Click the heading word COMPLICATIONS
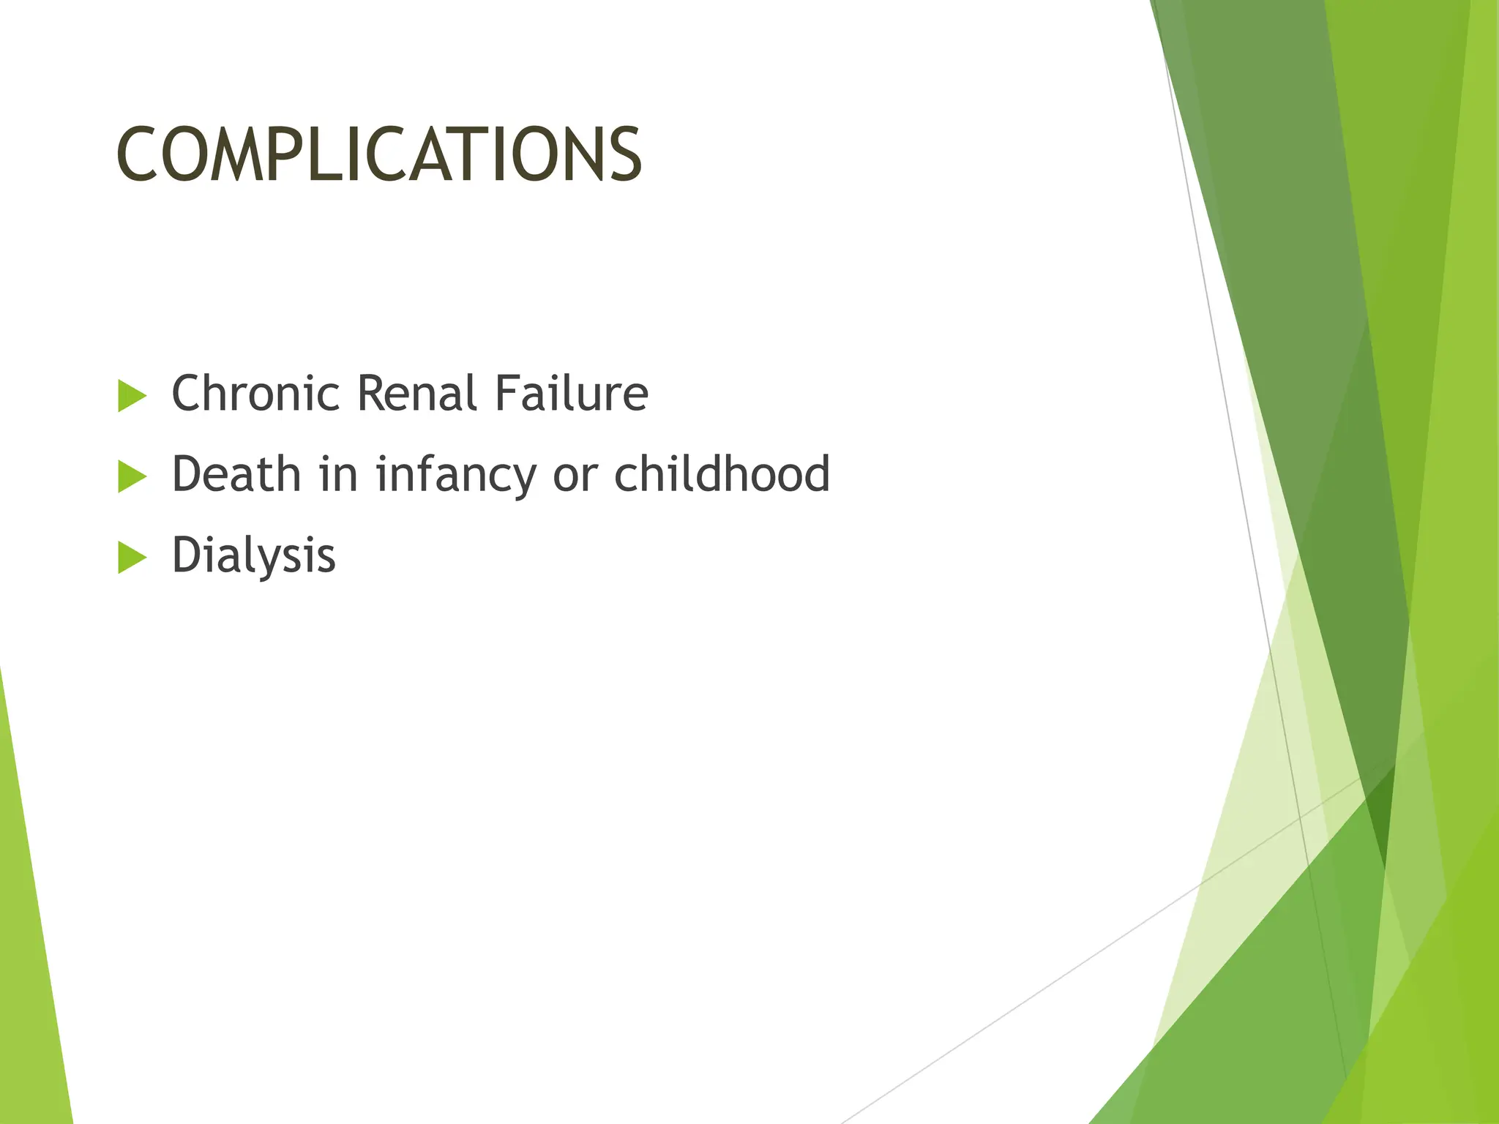click(x=378, y=154)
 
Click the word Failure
click(x=571, y=394)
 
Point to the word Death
click(x=236, y=474)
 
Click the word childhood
click(x=722, y=474)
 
